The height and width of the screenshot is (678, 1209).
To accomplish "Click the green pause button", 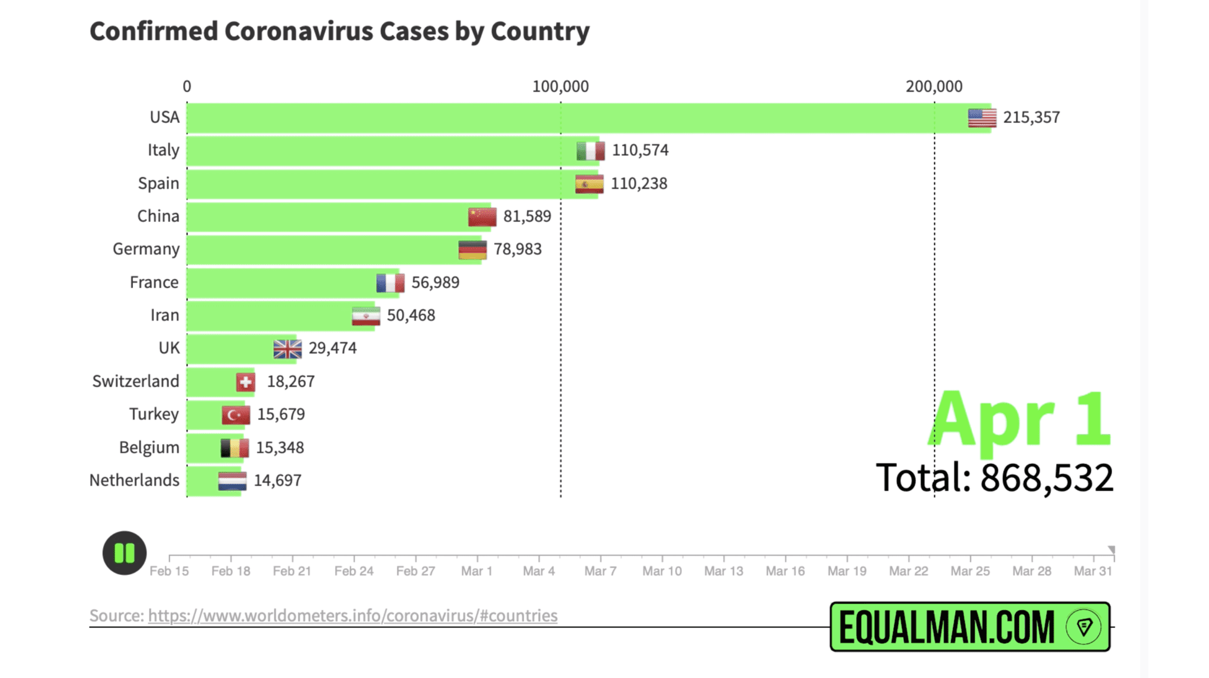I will click(x=124, y=553).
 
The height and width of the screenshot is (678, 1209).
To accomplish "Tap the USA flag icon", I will click(x=982, y=117).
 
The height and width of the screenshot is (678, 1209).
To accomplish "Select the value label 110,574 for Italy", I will click(x=640, y=150).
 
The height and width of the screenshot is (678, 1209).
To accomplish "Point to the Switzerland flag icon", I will click(x=246, y=382).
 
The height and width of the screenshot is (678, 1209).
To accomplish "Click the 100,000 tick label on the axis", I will click(x=560, y=87).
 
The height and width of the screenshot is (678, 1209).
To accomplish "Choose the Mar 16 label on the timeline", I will click(x=785, y=571).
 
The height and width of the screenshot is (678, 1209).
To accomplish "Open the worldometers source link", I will click(x=352, y=615).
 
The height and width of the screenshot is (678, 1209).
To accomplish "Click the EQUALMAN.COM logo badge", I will click(x=969, y=627).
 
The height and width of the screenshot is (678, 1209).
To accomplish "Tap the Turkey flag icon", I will click(x=236, y=415).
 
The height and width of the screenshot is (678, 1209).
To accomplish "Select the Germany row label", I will click(x=146, y=249).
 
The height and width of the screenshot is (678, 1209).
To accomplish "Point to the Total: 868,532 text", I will click(x=994, y=477).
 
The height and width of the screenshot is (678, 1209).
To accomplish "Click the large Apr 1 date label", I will click(x=1020, y=420).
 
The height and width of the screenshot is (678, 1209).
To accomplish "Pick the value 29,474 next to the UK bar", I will click(x=332, y=348).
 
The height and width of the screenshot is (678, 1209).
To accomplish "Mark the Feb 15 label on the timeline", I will click(x=169, y=571).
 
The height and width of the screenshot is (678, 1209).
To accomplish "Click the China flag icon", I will click(x=482, y=217).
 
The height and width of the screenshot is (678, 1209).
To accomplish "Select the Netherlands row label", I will click(x=134, y=480).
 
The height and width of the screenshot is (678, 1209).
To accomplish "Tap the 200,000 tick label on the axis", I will click(x=934, y=87).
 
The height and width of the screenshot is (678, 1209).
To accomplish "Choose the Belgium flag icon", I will click(x=234, y=448).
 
